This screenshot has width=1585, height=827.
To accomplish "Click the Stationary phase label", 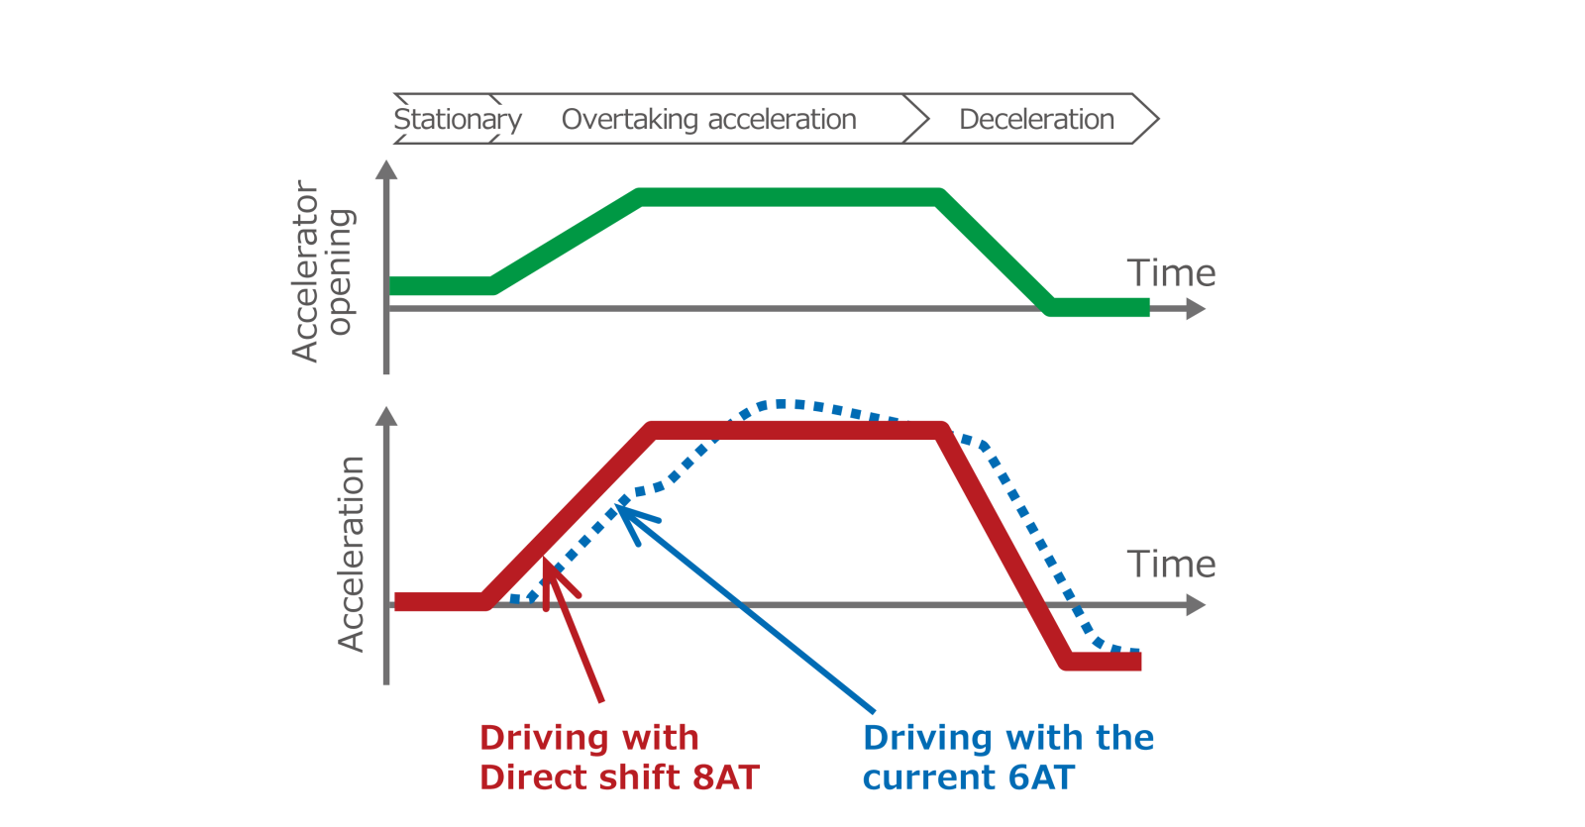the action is pyautogui.click(x=458, y=120).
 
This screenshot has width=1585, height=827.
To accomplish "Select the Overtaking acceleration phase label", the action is pyautogui.click(x=709, y=120).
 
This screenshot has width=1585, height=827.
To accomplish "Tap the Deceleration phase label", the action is pyautogui.click(x=1036, y=119).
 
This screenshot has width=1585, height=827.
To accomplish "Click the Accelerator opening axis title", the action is pyautogui.click(x=323, y=271).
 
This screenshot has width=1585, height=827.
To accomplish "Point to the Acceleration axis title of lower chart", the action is pyautogui.click(x=351, y=554).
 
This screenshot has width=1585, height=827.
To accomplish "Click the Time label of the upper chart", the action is pyautogui.click(x=1171, y=273).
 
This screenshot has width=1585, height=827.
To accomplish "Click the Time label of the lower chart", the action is pyautogui.click(x=1171, y=565).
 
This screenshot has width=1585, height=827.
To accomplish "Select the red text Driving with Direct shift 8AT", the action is pyautogui.click(x=619, y=758).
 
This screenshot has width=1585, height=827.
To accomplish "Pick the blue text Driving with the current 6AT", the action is pyautogui.click(x=1008, y=758).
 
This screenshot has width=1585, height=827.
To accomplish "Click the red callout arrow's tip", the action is pyautogui.click(x=545, y=559).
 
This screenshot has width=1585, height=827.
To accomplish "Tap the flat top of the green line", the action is pyautogui.click(x=789, y=197).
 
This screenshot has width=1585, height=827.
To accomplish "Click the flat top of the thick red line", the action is pyautogui.click(x=796, y=430).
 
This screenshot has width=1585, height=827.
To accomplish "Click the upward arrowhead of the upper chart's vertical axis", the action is pyautogui.click(x=386, y=169).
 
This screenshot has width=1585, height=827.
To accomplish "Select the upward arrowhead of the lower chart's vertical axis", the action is pyautogui.click(x=386, y=416).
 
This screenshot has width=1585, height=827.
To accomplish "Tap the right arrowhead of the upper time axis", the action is pyautogui.click(x=1196, y=309).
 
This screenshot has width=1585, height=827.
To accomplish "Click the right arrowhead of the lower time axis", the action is pyautogui.click(x=1196, y=605).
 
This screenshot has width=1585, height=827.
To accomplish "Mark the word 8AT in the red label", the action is pyautogui.click(x=725, y=777).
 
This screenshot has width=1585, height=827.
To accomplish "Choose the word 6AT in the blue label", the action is pyautogui.click(x=1041, y=777).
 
